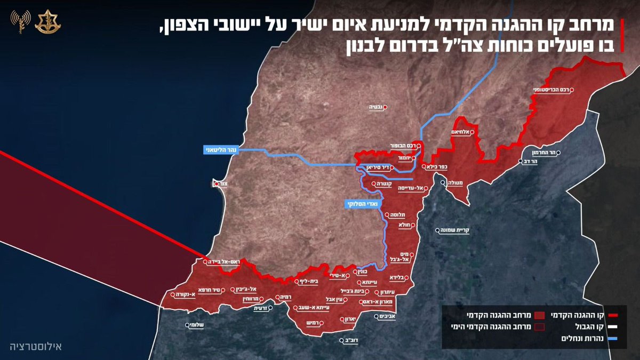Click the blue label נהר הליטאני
click(x=220, y=150)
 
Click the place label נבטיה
click(x=377, y=107)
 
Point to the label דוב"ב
click(x=350, y=339)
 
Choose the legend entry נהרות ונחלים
click(x=590, y=338)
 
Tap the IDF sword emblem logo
click(x=45, y=21)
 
